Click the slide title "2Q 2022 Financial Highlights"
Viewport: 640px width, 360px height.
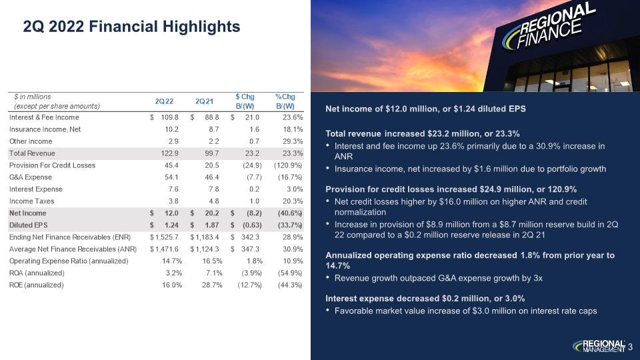tap(131, 27)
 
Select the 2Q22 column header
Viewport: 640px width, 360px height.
tap(164, 101)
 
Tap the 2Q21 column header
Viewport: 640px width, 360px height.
tap(204, 101)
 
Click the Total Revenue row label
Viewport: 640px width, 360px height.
tap(32, 153)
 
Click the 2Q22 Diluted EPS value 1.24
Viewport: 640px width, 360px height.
tap(171, 225)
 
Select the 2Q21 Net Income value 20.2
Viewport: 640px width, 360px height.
tap(211, 213)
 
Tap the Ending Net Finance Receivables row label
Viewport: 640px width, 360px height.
tap(70, 237)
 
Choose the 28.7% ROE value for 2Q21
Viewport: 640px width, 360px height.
tap(212, 285)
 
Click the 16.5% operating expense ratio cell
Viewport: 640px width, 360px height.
tap(212, 261)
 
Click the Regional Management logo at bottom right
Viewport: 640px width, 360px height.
tap(599, 346)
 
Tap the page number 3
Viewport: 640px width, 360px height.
tap(630, 347)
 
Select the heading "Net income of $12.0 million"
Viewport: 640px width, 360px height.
tap(426, 109)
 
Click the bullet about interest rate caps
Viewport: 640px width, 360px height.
tap(466, 311)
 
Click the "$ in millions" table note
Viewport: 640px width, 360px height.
tap(32, 97)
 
